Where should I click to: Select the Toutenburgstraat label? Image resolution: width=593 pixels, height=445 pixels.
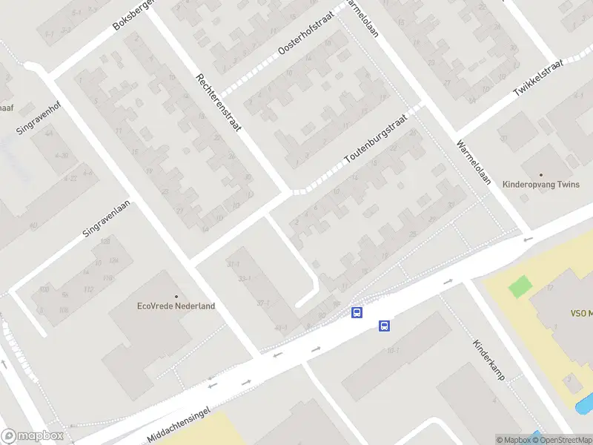tap(377, 138)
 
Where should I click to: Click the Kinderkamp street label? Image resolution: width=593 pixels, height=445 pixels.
tap(489, 360)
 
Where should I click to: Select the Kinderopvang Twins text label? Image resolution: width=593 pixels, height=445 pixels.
tap(540, 184)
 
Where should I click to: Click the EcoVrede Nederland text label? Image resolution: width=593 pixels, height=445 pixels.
tap(176, 306)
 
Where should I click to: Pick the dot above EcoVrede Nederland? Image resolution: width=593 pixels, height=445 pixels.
tap(176, 294)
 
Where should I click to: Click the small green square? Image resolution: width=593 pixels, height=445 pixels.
tap(521, 286)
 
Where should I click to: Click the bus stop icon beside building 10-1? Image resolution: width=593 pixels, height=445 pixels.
tap(384, 326)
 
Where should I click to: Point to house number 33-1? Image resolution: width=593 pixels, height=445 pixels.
tap(245, 279)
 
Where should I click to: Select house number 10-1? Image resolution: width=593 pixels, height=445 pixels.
tap(392, 351)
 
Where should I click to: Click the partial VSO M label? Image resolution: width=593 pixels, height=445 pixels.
tap(580, 313)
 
